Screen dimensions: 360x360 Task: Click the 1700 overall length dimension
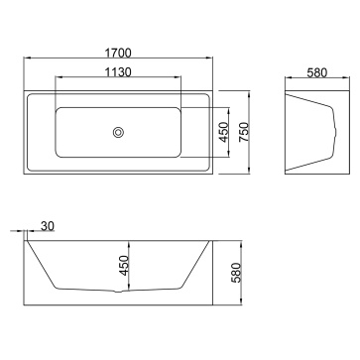[x=118, y=53]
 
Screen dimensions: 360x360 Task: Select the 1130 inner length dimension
[x=118, y=72]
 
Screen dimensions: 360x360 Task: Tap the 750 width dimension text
[x=244, y=132]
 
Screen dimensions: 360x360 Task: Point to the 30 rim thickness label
[x=48, y=226]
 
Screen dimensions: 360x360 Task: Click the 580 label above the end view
[x=317, y=72]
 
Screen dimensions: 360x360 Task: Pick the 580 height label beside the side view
[x=237, y=273]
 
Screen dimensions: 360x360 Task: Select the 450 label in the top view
[x=224, y=132]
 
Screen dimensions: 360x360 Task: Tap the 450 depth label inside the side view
[x=124, y=265]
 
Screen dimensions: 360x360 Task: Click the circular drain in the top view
[x=118, y=132]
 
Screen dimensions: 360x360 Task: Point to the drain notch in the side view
[x=118, y=292]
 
